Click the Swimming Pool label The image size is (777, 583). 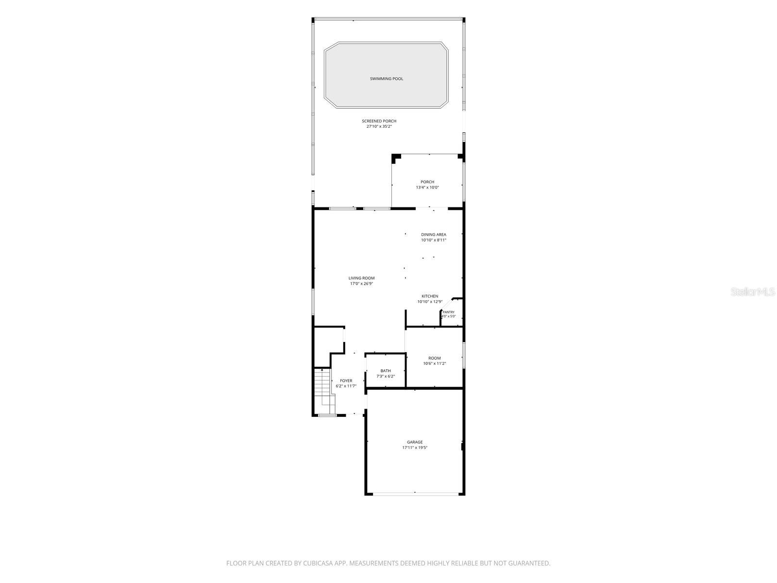click(386, 79)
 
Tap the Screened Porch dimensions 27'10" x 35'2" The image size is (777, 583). click(379, 126)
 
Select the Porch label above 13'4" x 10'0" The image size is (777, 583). click(427, 182)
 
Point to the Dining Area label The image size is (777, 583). click(433, 234)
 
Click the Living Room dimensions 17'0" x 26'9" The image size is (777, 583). click(361, 284)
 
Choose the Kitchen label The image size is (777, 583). click(430, 296)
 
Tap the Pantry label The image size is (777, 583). click(449, 312)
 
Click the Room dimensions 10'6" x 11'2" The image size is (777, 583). click(434, 363)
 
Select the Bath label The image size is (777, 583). click(386, 371)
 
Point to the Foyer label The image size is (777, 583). click(346, 380)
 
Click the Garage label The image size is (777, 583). click(415, 442)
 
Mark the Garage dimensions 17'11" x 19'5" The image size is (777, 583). click(415, 447)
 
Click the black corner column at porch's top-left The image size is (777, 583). click(396, 157)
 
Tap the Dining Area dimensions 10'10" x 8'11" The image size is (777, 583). click(433, 240)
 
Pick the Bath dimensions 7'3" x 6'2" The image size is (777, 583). click(386, 376)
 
